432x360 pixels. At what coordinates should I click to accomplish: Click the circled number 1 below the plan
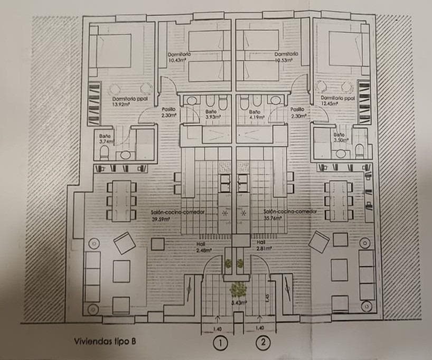222,343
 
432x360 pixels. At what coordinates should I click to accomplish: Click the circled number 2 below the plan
264,343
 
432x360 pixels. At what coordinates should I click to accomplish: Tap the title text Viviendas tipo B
105,342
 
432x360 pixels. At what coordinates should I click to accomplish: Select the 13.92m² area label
121,105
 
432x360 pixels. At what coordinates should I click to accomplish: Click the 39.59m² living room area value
160,219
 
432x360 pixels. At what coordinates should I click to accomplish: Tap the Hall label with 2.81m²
264,245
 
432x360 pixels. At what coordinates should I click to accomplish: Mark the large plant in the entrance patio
239,288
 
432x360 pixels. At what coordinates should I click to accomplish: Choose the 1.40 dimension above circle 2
258,328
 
